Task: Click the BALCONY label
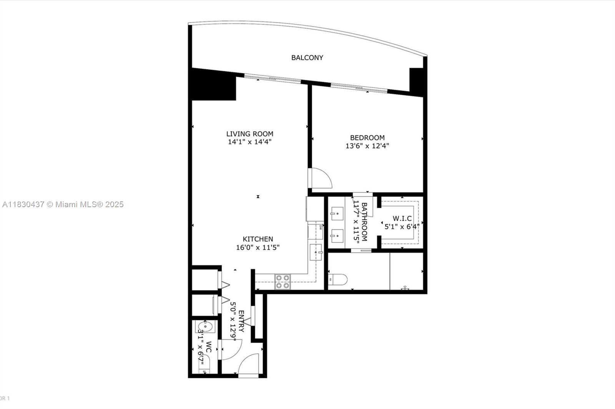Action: click(x=307, y=58)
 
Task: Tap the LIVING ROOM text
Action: click(x=250, y=134)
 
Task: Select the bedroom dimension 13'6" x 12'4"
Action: click(x=367, y=146)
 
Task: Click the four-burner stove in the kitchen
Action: click(x=282, y=282)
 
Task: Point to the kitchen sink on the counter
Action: click(x=316, y=252)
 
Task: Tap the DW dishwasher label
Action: click(x=321, y=227)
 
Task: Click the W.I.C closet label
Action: click(x=402, y=218)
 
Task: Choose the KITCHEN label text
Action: click(x=258, y=239)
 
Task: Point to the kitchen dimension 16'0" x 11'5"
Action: click(x=258, y=247)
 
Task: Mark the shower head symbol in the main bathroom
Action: click(x=404, y=287)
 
